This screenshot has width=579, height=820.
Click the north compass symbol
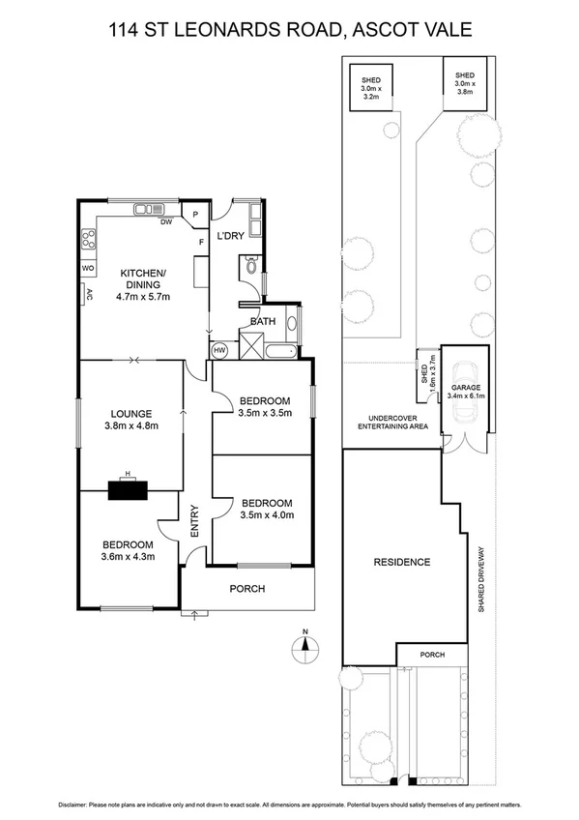point(304,646)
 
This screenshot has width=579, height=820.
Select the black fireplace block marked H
point(129,488)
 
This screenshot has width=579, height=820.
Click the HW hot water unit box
point(219,350)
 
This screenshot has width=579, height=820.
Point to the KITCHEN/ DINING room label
point(143,279)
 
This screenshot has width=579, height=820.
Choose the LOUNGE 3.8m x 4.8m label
point(130,418)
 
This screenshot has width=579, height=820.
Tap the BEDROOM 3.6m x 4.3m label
point(128,549)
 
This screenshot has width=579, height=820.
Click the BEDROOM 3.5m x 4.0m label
point(267,509)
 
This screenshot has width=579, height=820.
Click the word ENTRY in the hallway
point(194,522)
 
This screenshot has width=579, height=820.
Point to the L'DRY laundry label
point(229,237)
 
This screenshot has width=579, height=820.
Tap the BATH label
point(263,321)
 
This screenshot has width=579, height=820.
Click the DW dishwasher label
point(166,221)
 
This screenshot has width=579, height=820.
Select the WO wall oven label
point(87,267)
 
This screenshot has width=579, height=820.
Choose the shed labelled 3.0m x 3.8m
point(465,82)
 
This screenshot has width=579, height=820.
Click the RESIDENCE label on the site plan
point(403,562)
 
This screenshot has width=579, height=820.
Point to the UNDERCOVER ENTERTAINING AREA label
point(391,423)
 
